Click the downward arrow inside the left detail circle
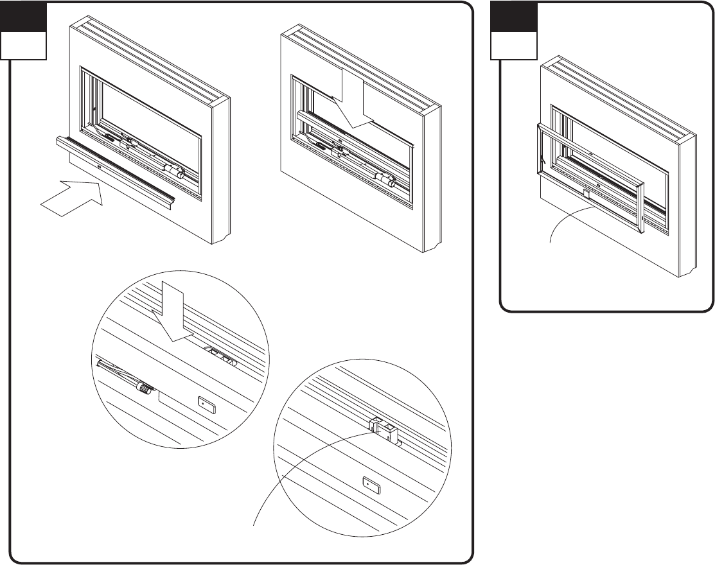(x=172, y=315)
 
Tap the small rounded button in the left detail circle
(x=206, y=404)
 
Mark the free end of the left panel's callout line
(x=257, y=525)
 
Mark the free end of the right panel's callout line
(x=551, y=242)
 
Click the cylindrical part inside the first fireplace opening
(x=174, y=171)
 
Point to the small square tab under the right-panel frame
(x=587, y=193)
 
